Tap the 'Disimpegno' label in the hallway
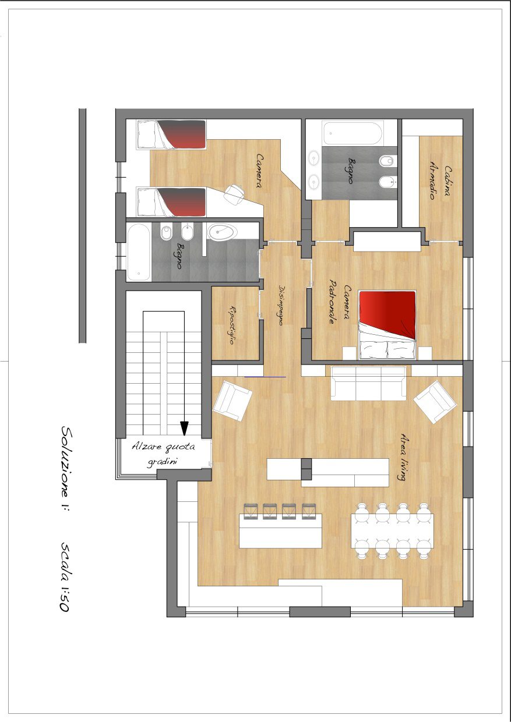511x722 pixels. click(280, 305)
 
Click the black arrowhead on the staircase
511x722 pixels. click(184, 429)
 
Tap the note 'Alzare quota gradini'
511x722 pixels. click(164, 454)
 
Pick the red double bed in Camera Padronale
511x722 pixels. click(387, 325)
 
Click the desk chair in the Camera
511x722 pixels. click(234, 194)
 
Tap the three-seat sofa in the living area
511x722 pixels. click(369, 383)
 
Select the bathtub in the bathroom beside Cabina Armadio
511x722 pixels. click(353, 133)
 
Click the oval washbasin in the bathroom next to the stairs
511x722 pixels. click(222, 231)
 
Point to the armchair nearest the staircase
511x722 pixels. click(232, 401)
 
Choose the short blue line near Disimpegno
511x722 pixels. click(265, 377)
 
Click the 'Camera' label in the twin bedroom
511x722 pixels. click(260, 171)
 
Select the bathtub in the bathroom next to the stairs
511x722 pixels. click(139, 252)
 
